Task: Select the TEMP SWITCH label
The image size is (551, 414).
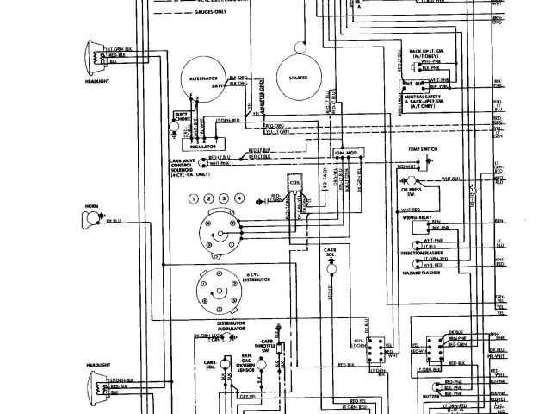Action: coord(424,148)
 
